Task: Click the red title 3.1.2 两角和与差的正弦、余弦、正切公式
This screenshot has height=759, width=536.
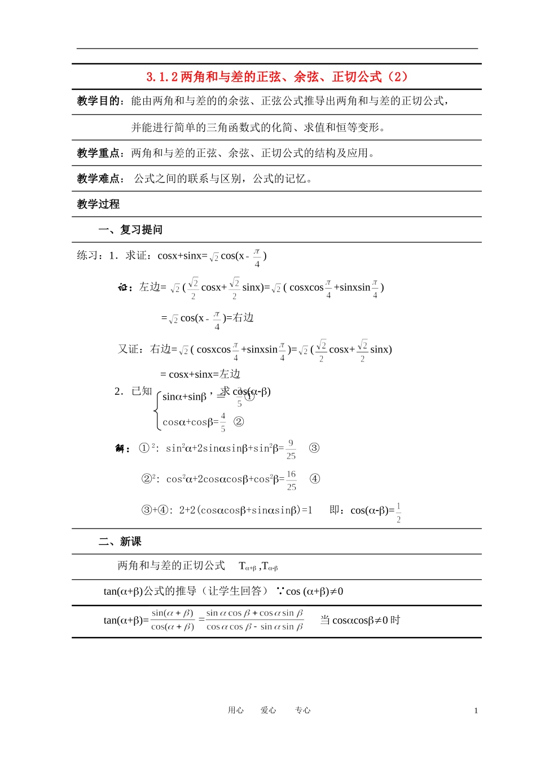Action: point(276,77)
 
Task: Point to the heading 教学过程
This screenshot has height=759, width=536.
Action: point(98,204)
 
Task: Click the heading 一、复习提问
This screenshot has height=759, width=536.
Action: point(130,230)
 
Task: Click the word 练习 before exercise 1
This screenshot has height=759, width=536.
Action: point(87,256)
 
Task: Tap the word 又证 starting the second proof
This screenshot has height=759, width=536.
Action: point(128,349)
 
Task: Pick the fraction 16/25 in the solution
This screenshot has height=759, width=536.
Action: point(291,480)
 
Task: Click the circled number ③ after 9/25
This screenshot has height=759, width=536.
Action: point(314,448)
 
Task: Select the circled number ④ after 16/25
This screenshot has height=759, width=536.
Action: point(315,479)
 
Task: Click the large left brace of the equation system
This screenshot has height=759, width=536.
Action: point(157,411)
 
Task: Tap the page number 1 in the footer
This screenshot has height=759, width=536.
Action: point(476,710)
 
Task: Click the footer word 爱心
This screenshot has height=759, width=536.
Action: point(269,710)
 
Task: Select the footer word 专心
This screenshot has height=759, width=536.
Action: point(302,710)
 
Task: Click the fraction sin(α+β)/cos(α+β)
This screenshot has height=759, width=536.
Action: point(173,620)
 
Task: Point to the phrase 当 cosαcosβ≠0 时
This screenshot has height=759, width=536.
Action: point(360,620)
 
